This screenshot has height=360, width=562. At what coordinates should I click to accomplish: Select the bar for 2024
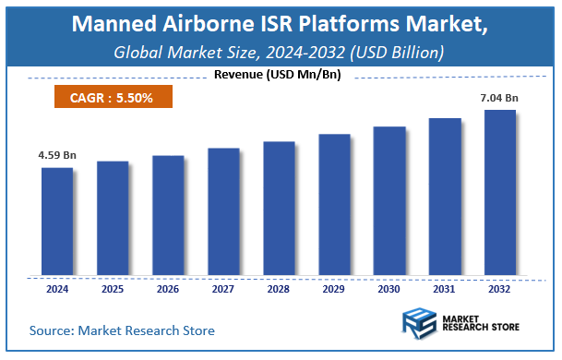(57, 222)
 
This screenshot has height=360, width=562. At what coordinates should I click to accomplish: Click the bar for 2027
(223, 211)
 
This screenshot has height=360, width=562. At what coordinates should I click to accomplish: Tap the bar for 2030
(389, 201)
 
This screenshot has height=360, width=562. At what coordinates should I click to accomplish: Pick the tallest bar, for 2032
(500, 193)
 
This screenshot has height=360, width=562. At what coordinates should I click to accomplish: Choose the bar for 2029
(334, 205)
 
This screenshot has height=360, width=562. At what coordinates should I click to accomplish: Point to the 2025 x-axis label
(113, 289)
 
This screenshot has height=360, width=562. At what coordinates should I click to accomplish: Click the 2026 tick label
(168, 289)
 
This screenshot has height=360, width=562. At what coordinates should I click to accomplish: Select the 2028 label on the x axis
(279, 289)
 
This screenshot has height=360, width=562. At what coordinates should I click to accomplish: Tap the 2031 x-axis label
(445, 289)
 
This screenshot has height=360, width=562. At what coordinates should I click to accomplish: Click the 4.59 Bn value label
(57, 157)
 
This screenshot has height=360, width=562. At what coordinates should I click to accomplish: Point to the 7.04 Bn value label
(500, 99)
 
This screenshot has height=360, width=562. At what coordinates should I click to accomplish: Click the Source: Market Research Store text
(122, 330)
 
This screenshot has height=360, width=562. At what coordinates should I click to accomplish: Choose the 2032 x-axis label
(500, 289)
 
